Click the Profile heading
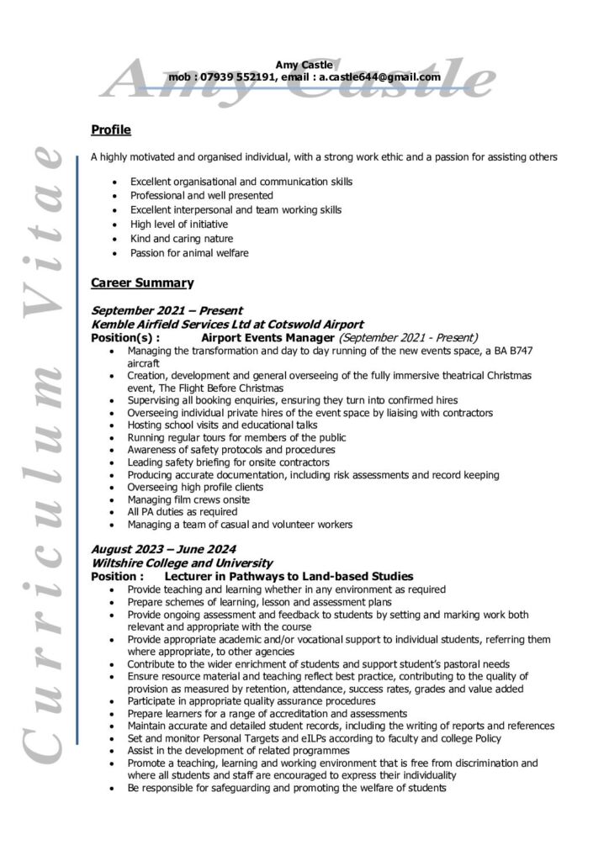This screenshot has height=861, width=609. tap(110, 129)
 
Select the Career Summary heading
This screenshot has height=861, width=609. tap(141, 283)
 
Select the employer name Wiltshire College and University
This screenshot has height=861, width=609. tap(181, 563)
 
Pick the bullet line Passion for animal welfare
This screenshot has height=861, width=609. tap(188, 252)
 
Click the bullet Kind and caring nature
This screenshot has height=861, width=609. tap(182, 239)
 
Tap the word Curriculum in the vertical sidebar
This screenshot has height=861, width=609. tap(45, 555)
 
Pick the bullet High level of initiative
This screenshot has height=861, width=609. tap(178, 224)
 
